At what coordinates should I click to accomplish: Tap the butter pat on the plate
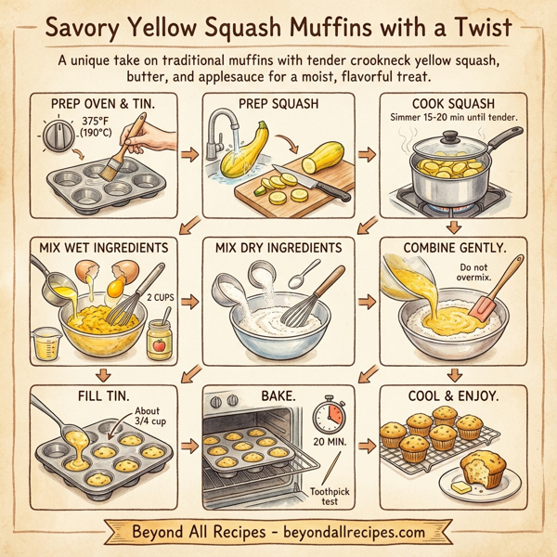tap(461, 485)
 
